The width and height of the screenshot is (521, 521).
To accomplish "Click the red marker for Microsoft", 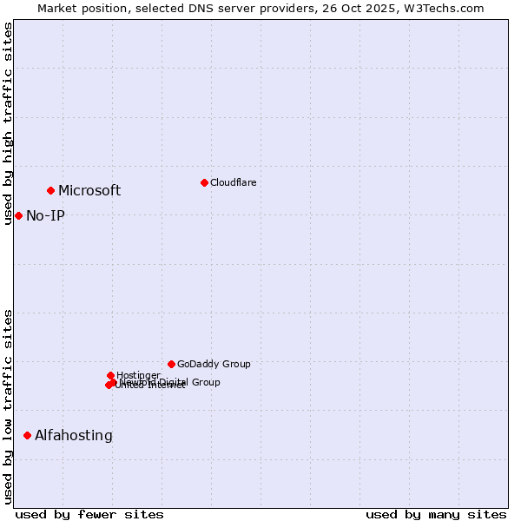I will [50, 190].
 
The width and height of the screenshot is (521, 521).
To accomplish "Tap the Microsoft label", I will [89, 191].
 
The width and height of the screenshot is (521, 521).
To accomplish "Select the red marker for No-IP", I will [18, 215].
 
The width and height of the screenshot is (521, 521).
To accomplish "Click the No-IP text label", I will [45, 215].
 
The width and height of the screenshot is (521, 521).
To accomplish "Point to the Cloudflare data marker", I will [204, 182].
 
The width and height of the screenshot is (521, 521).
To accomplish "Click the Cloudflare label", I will [233, 182].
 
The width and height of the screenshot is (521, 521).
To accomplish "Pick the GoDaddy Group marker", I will [171, 364].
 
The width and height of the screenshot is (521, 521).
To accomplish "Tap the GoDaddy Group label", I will [214, 364].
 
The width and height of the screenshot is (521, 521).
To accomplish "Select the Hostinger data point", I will [110, 375].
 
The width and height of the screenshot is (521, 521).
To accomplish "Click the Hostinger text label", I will [138, 375].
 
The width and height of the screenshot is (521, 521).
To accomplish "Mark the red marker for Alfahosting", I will [27, 435].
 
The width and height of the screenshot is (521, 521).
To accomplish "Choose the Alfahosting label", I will [74, 435].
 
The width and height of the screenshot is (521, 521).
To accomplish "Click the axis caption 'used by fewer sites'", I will [89, 514].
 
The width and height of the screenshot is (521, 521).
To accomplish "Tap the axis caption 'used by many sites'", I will [436, 514].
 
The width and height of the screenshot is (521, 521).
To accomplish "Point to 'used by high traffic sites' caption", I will [8, 123].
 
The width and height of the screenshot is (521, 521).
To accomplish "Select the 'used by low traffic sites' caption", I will [8, 406].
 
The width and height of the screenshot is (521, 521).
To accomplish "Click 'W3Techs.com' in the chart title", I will [450, 8].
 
